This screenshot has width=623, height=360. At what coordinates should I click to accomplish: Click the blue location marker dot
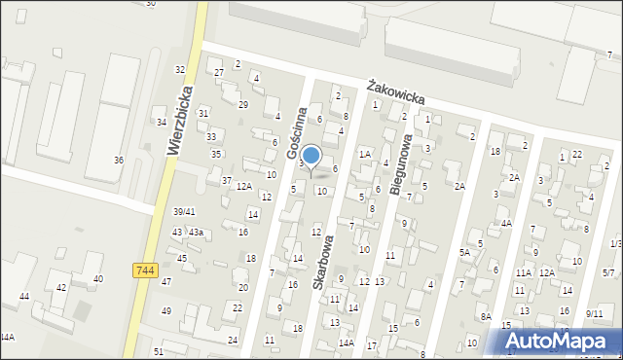[311, 155]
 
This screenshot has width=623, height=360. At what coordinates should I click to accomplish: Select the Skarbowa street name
[323, 261]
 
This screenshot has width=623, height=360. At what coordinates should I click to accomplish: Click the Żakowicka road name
[396, 94]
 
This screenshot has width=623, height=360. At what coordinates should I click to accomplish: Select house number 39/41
[184, 211]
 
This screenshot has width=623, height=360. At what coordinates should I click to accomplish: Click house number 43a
[196, 232]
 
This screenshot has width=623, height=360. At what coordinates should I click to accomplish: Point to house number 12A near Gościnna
[244, 186]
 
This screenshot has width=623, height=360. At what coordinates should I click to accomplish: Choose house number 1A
[365, 154]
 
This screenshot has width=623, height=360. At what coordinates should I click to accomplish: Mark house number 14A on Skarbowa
[346, 342]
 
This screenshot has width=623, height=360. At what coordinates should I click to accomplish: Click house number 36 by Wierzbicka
[119, 160]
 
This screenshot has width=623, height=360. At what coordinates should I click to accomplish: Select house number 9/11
[594, 313]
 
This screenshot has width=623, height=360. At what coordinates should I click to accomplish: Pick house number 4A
[506, 223]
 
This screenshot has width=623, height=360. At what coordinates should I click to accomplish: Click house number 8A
[485, 316]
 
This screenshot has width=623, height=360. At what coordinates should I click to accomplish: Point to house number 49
[165, 310]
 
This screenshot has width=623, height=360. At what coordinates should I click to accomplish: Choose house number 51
[158, 351]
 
